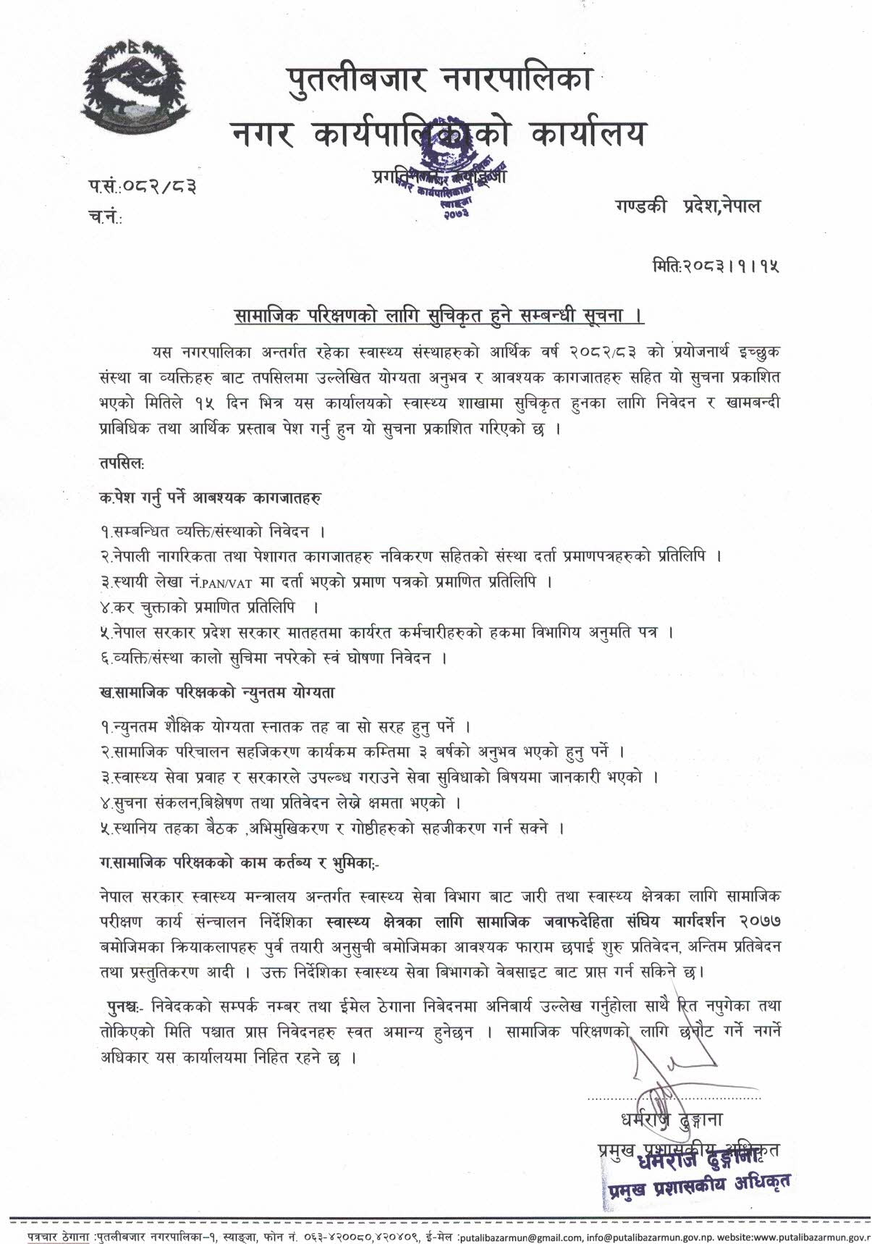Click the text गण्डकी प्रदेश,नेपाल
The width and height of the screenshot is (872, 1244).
(684, 206)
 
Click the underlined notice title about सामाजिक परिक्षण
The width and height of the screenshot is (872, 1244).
(439, 316)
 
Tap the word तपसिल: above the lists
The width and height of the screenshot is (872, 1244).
(122, 461)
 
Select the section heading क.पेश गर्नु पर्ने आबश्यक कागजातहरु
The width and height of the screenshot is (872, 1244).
(211, 498)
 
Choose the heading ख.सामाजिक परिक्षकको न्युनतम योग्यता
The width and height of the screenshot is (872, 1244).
(217, 692)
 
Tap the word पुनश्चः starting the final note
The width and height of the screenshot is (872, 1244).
(124, 1007)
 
